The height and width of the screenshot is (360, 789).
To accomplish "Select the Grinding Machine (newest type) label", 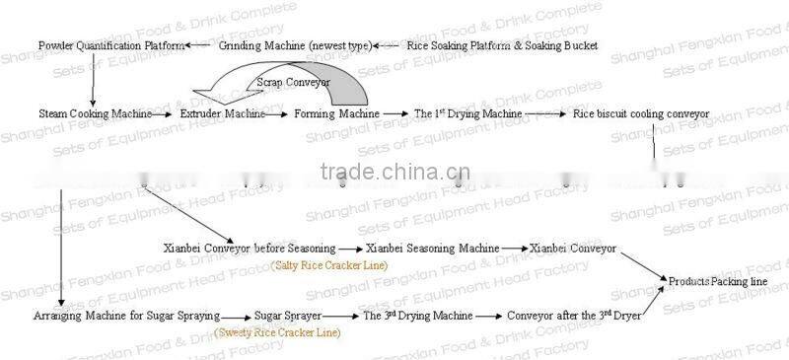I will coord(295,46).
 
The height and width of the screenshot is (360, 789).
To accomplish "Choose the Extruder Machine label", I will coord(222,114).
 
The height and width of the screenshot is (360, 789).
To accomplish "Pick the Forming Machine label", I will coord(336,114).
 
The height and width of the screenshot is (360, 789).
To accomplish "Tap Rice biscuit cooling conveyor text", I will coord(641,114).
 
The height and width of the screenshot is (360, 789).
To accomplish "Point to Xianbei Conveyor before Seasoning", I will coord(249,249).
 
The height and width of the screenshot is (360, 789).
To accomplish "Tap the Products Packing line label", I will coord(718,282).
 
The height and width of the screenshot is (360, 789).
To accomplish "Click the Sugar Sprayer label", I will coord(283,317).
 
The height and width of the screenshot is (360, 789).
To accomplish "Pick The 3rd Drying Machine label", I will coord(417,317).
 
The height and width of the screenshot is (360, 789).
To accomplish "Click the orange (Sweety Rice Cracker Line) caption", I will coord(277,333).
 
